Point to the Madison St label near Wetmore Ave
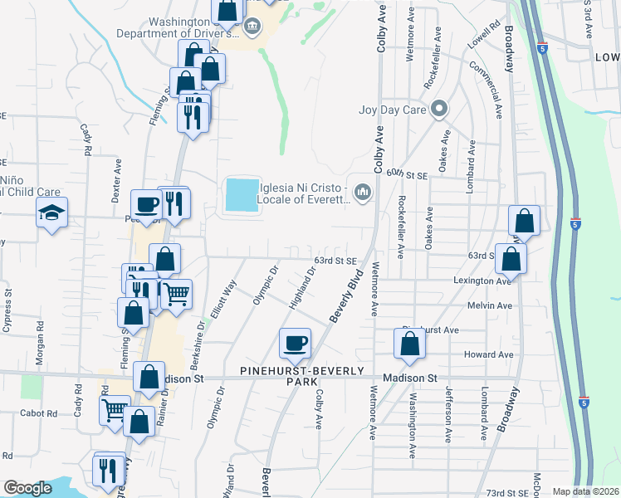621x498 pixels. [x=409, y=378]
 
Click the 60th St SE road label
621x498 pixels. [x=405, y=173]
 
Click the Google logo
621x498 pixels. [x=27, y=488]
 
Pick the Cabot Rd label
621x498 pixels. [x=40, y=413]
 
